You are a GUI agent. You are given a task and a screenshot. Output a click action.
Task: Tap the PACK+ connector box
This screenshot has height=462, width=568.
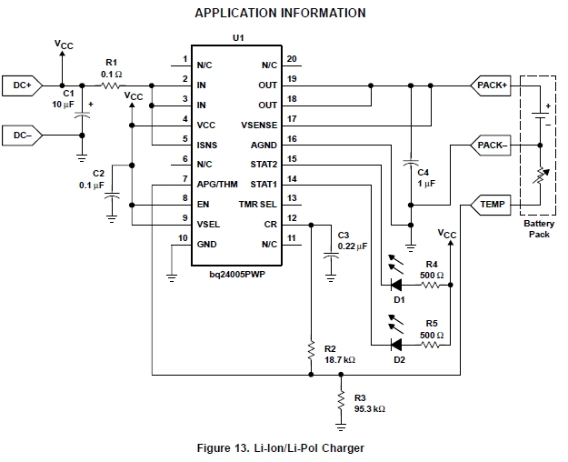pos(492,85)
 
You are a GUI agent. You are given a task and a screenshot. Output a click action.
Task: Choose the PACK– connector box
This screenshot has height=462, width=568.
pos(492,145)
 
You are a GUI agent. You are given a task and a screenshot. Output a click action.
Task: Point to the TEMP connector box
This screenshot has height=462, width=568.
pos(492,205)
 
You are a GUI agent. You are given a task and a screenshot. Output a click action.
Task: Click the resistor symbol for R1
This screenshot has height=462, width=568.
pos(110,85)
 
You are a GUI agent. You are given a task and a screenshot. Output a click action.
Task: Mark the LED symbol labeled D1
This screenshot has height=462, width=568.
pos(397,285)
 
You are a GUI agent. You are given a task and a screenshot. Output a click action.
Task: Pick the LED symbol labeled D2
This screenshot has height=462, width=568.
pos(397,344)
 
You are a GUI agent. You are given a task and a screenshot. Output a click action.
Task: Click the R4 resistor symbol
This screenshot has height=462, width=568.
pos(433,285)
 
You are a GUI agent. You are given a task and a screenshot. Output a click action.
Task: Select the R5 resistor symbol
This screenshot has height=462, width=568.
pos(433,344)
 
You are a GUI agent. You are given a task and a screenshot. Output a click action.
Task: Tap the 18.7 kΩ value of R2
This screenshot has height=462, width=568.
pos(339,360)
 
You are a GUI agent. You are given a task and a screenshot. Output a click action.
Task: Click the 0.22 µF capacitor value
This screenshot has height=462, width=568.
pos(353,246)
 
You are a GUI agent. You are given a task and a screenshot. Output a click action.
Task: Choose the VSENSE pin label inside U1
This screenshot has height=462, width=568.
pos(258,125)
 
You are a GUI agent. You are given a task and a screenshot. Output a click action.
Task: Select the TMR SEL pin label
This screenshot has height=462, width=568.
pos(257,204)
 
